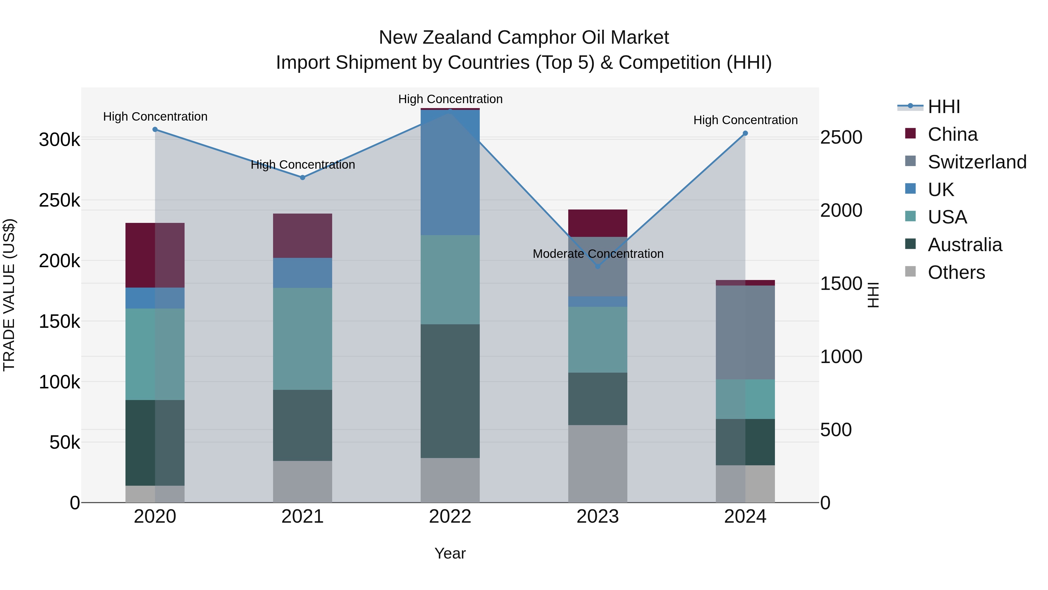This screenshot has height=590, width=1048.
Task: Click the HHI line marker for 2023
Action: (x=598, y=266)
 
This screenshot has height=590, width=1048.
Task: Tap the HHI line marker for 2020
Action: (x=155, y=129)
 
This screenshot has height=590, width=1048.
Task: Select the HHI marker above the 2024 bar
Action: (x=745, y=133)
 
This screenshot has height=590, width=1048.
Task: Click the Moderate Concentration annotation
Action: (x=598, y=254)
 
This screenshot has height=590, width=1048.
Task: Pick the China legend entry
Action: (x=952, y=134)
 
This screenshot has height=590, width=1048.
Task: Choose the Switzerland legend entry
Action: (x=976, y=162)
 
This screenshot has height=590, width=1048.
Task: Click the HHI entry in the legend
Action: (x=943, y=107)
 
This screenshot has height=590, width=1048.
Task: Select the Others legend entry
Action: (x=956, y=272)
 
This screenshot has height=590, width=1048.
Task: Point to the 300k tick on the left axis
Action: (x=59, y=140)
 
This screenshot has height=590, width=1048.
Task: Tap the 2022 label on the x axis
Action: (x=450, y=517)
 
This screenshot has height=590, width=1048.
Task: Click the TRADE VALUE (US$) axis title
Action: (x=9, y=295)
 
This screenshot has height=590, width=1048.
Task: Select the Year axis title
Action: (x=450, y=553)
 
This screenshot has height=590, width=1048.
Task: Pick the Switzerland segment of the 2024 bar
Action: (x=745, y=332)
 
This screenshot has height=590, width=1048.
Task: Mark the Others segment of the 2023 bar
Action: (x=598, y=464)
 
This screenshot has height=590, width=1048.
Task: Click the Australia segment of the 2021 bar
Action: (x=302, y=425)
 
